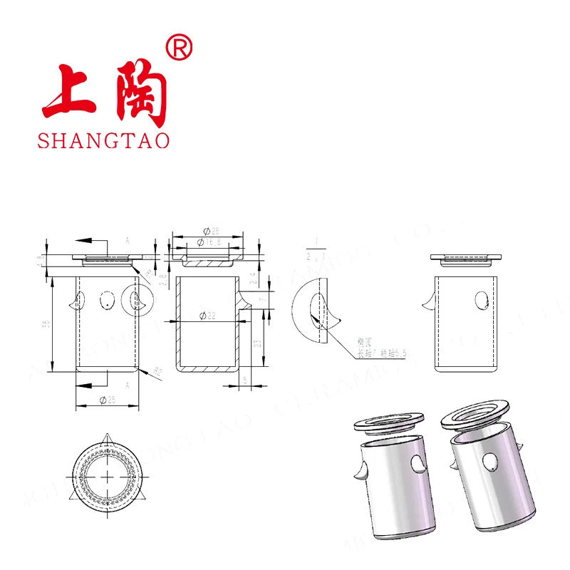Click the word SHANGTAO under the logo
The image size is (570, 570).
point(104,140)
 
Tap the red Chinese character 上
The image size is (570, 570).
point(69,92)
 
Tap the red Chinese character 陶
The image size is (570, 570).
point(142,93)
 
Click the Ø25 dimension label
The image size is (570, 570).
point(108,400)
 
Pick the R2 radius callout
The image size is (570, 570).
point(159,370)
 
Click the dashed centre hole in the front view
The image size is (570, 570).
point(108,301)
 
